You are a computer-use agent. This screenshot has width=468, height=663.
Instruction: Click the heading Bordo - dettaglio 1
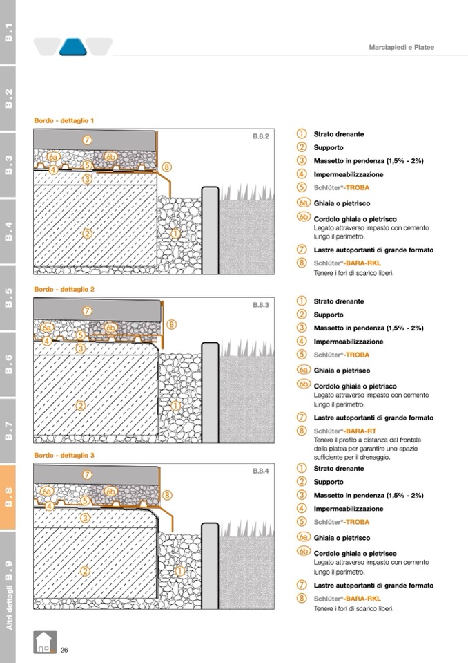(x=64, y=120)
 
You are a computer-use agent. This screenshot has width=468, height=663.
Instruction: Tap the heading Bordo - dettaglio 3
(x=64, y=456)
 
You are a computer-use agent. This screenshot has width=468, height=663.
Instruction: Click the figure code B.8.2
(x=260, y=137)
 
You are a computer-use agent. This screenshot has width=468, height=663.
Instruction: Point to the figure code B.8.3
(x=260, y=304)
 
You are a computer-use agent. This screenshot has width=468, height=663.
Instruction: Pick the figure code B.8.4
(x=260, y=471)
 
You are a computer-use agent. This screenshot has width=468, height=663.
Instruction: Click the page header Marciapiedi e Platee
(x=400, y=47)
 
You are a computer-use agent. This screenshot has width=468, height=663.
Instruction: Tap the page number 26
(x=64, y=650)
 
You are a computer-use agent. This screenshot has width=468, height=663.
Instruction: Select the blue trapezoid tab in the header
(x=72, y=46)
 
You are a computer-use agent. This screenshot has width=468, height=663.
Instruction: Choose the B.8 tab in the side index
(x=8, y=496)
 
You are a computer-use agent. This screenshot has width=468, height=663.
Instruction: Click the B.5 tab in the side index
(x=8, y=296)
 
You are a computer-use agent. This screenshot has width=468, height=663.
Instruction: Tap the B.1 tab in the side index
(x=8, y=32)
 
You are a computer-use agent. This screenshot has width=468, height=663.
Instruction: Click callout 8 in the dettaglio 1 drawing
(x=167, y=167)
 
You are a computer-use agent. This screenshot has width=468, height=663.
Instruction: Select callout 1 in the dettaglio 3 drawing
(x=179, y=571)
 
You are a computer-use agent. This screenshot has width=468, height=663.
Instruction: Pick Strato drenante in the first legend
(x=338, y=134)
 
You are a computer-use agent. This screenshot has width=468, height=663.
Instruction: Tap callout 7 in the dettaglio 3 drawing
(x=87, y=475)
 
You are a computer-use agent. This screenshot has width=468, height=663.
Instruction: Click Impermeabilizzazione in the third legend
(x=349, y=509)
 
